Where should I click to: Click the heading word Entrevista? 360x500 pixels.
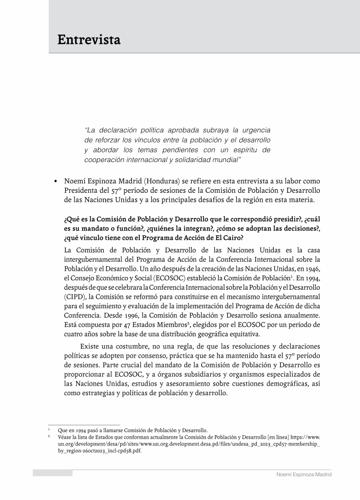point(89,40)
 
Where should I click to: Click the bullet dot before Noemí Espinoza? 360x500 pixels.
point(56,181)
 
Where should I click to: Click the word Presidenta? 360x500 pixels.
point(85,191)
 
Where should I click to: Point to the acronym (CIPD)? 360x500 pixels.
point(75,297)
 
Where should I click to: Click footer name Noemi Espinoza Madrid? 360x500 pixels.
point(304,475)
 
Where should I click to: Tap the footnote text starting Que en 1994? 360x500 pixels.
point(132,430)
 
